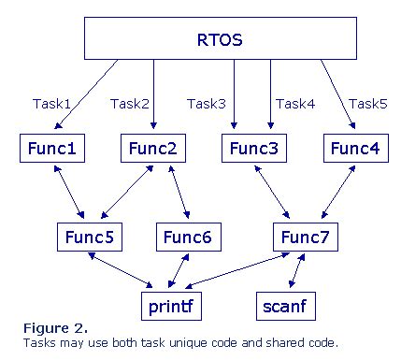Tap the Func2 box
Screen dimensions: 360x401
(152, 148)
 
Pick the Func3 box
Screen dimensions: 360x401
(253, 148)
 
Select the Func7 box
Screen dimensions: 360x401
(304, 238)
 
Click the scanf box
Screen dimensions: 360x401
(283, 304)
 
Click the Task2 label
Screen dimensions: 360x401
(130, 104)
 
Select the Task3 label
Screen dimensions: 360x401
(208, 104)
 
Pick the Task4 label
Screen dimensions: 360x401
(296, 104)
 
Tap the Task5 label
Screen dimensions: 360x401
(368, 104)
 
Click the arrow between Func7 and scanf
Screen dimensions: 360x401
(298, 271)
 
